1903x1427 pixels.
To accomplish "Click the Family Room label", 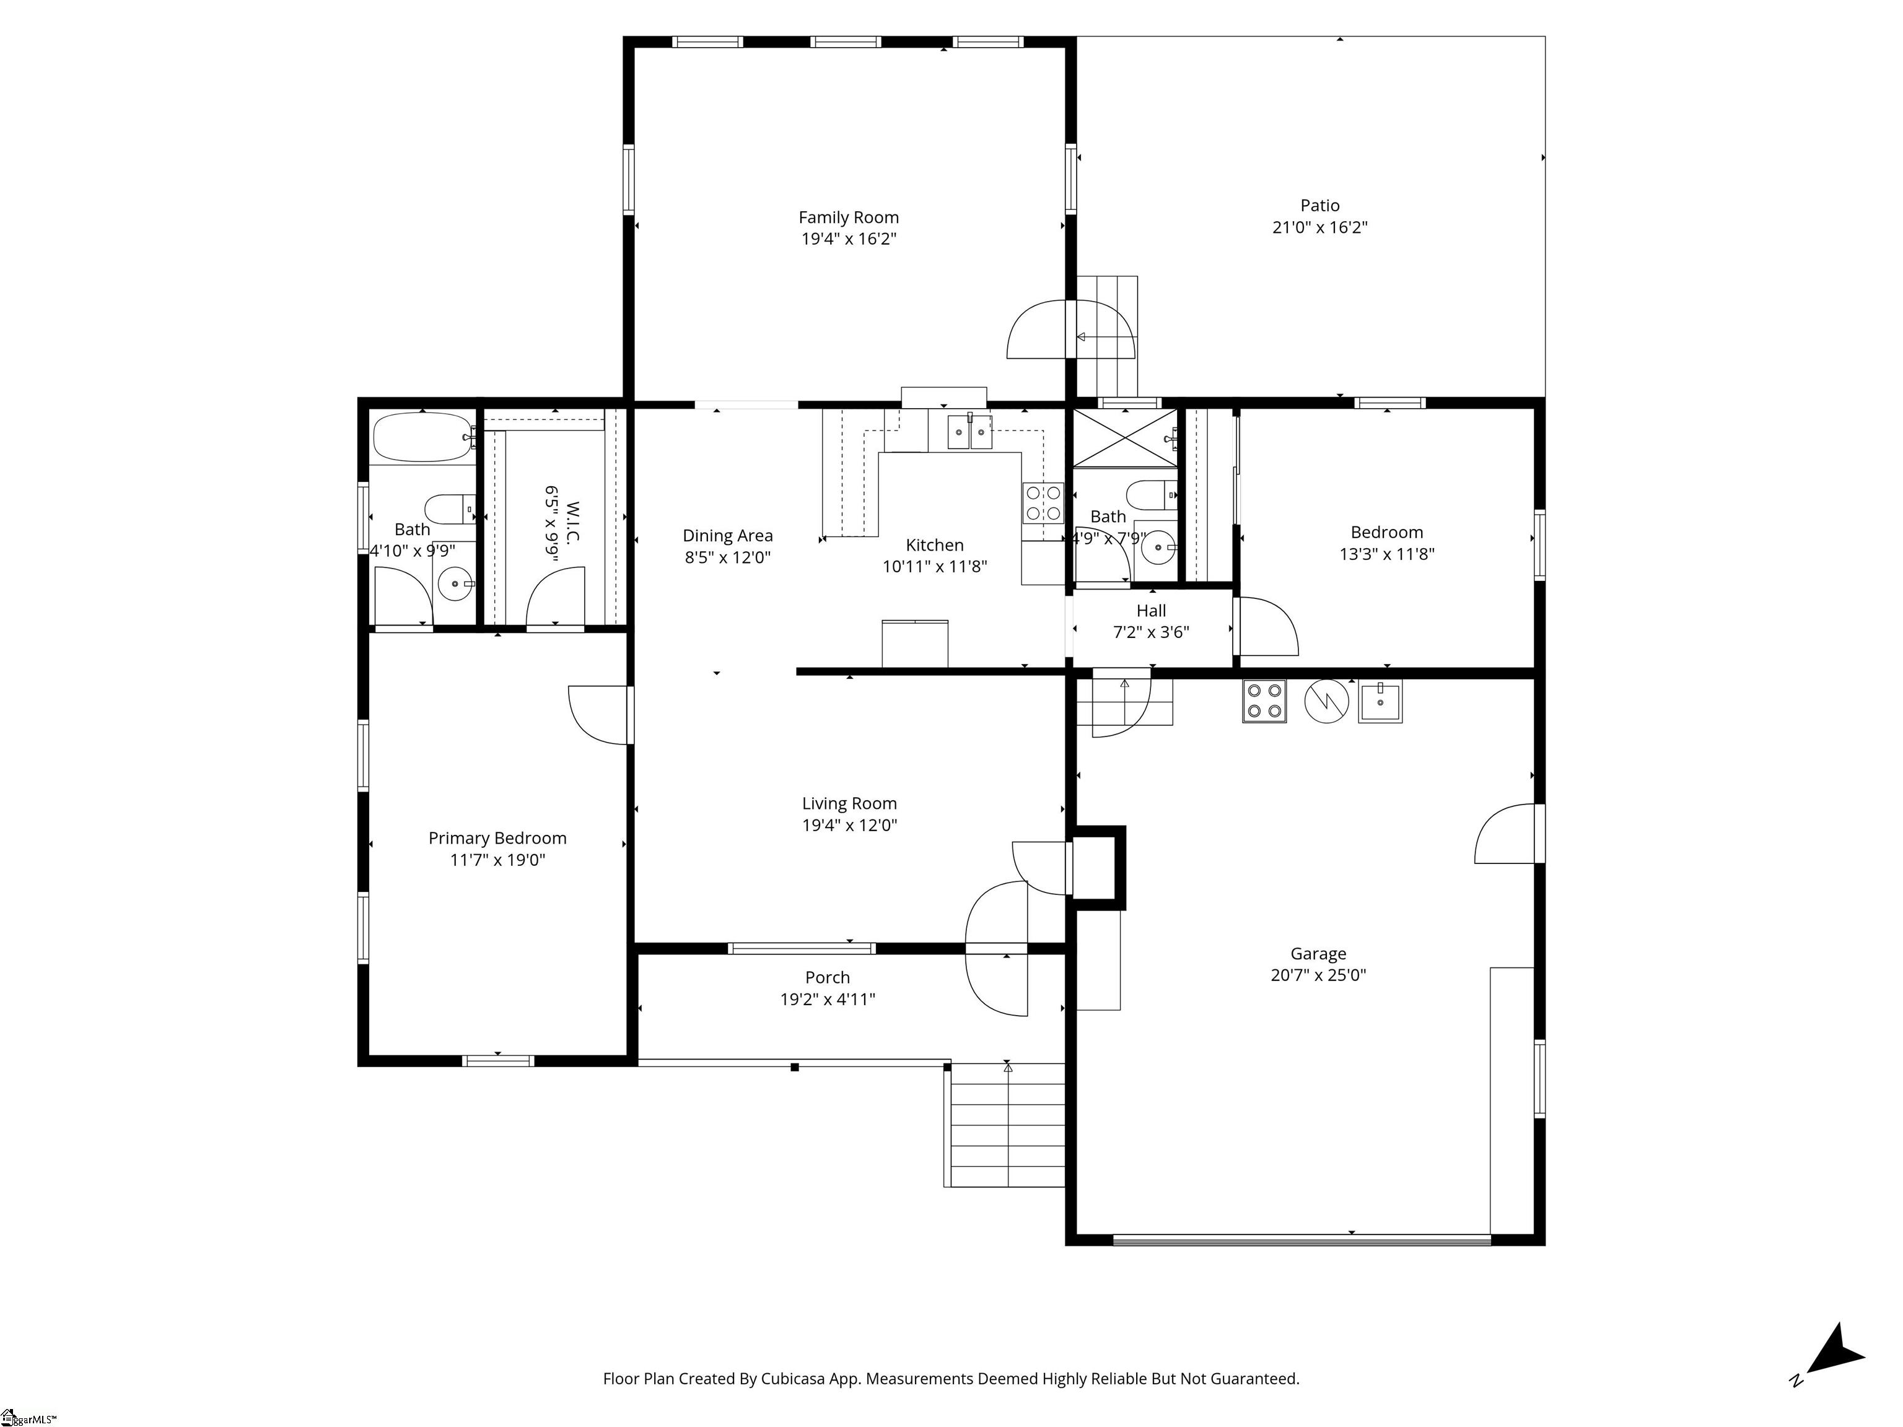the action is tap(848, 217).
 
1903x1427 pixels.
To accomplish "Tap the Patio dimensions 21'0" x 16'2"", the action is tap(1319, 228).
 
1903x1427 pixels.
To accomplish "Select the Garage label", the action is tap(1318, 953).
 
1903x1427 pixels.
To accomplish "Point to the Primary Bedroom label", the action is tap(497, 838).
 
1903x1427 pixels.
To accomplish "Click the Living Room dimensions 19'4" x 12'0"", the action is tap(849, 826).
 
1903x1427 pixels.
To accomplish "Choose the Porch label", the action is tap(828, 977).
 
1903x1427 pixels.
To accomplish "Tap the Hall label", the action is tap(1151, 611).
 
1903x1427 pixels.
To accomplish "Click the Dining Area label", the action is tap(728, 536).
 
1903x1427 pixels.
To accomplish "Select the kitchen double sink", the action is tap(969, 432).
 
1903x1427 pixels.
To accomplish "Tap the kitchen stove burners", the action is tap(1043, 503).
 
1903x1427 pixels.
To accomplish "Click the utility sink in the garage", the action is tap(1380, 701).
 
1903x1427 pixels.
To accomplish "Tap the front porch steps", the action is tap(1007, 1125).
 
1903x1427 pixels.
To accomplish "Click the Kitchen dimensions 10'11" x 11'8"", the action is tap(934, 567).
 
